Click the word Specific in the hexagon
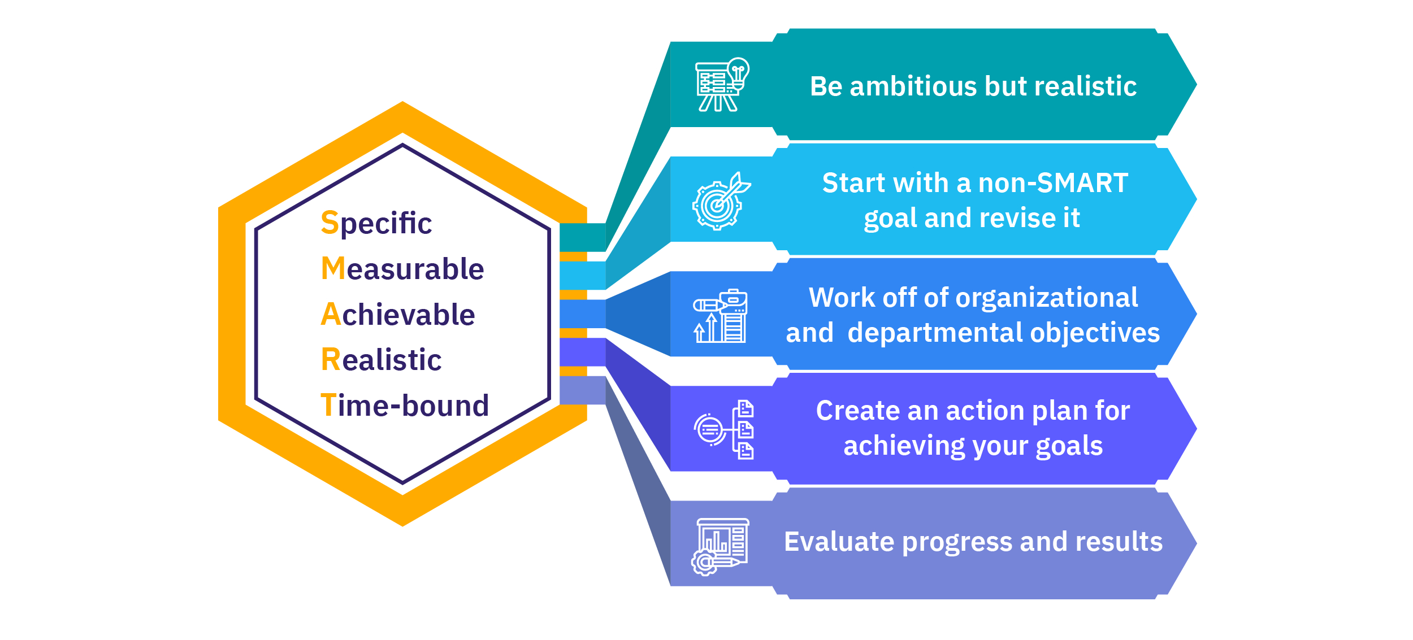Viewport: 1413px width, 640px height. [376, 223]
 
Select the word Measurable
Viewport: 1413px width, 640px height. [402, 269]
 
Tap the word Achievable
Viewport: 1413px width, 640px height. [397, 315]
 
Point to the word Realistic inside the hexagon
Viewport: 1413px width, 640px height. [381, 360]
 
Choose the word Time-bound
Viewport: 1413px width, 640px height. [404, 406]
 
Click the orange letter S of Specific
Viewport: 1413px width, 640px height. [330, 223]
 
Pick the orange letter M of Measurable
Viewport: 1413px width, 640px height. [333, 268]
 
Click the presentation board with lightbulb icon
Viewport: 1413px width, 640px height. [722, 85]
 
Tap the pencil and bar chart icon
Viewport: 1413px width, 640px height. [720, 316]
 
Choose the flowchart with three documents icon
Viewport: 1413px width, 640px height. [723, 430]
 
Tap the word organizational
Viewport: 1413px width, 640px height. [1046, 298]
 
